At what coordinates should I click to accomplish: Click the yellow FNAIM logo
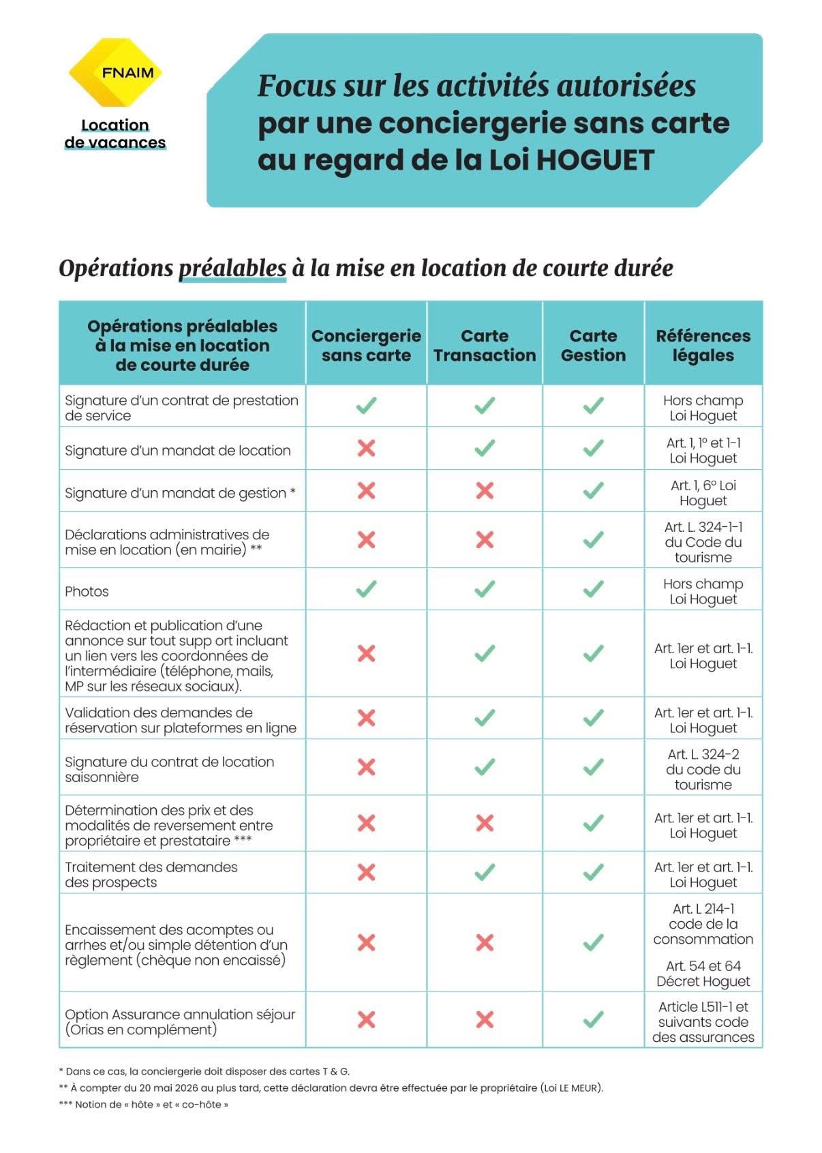(115, 72)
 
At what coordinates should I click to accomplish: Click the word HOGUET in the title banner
(594, 160)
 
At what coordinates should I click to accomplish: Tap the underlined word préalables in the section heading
(232, 268)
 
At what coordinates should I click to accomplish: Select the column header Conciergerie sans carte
(366, 345)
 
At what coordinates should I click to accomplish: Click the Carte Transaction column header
(485, 345)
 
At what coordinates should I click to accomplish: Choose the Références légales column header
(703, 345)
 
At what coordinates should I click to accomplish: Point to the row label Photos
(87, 591)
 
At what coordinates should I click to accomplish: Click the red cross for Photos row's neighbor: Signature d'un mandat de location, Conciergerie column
(366, 448)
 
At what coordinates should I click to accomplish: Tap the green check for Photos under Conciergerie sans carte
(366, 588)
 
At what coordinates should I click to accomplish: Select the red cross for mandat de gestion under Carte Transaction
(485, 490)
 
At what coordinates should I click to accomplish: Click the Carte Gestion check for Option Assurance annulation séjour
(593, 1019)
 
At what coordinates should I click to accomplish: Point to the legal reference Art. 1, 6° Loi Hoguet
(703, 492)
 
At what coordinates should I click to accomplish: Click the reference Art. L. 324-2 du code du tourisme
(703, 769)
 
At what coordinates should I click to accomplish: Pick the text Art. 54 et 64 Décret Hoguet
(703, 973)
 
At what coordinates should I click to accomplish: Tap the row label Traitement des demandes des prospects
(151, 874)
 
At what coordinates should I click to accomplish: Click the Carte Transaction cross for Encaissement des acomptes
(485, 942)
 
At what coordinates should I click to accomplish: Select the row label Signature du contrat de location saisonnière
(169, 769)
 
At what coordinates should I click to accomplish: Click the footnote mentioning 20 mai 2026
(331, 1088)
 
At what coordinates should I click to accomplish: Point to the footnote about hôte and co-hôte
(144, 1105)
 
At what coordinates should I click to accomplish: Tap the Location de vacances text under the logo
(115, 134)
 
